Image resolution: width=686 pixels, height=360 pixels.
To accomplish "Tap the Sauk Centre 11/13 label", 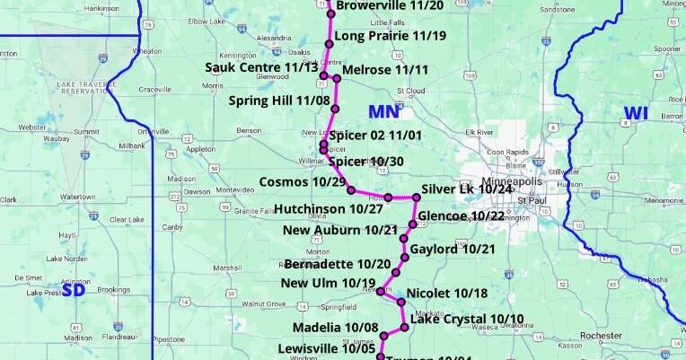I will pyautogui.click(x=261, y=67).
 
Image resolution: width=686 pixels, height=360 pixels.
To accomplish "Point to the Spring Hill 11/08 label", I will pyautogui.click(x=279, y=101).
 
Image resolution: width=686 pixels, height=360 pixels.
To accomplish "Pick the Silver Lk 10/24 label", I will pyautogui.click(x=466, y=189).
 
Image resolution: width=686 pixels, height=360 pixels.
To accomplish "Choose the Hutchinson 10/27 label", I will pyautogui.click(x=328, y=209).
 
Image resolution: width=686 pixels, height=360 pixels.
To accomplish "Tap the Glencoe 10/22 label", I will pyautogui.click(x=462, y=216).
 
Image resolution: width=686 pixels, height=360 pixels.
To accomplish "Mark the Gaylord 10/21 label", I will pyautogui.click(x=452, y=249).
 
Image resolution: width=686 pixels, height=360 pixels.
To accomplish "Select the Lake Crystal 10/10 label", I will pyautogui.click(x=466, y=319).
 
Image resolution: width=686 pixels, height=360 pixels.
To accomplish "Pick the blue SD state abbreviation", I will pyautogui.click(x=73, y=289).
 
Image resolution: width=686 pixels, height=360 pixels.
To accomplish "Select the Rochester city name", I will pyautogui.click(x=602, y=336).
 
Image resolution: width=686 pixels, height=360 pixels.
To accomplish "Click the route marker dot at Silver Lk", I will pyautogui.click(x=417, y=198).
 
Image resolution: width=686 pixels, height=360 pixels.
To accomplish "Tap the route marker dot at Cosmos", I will pyautogui.click(x=351, y=190).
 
